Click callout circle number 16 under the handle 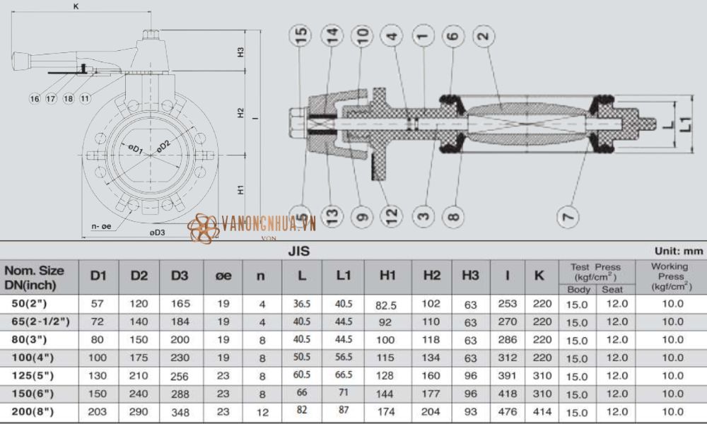click(35, 98)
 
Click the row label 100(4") click(33, 357)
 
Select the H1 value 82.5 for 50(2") click(387, 305)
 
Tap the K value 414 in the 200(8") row click(539, 411)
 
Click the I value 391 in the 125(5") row click(507, 375)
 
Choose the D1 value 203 click(98, 411)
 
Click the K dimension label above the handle click(76, 6)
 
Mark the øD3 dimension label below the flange click(156, 232)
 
